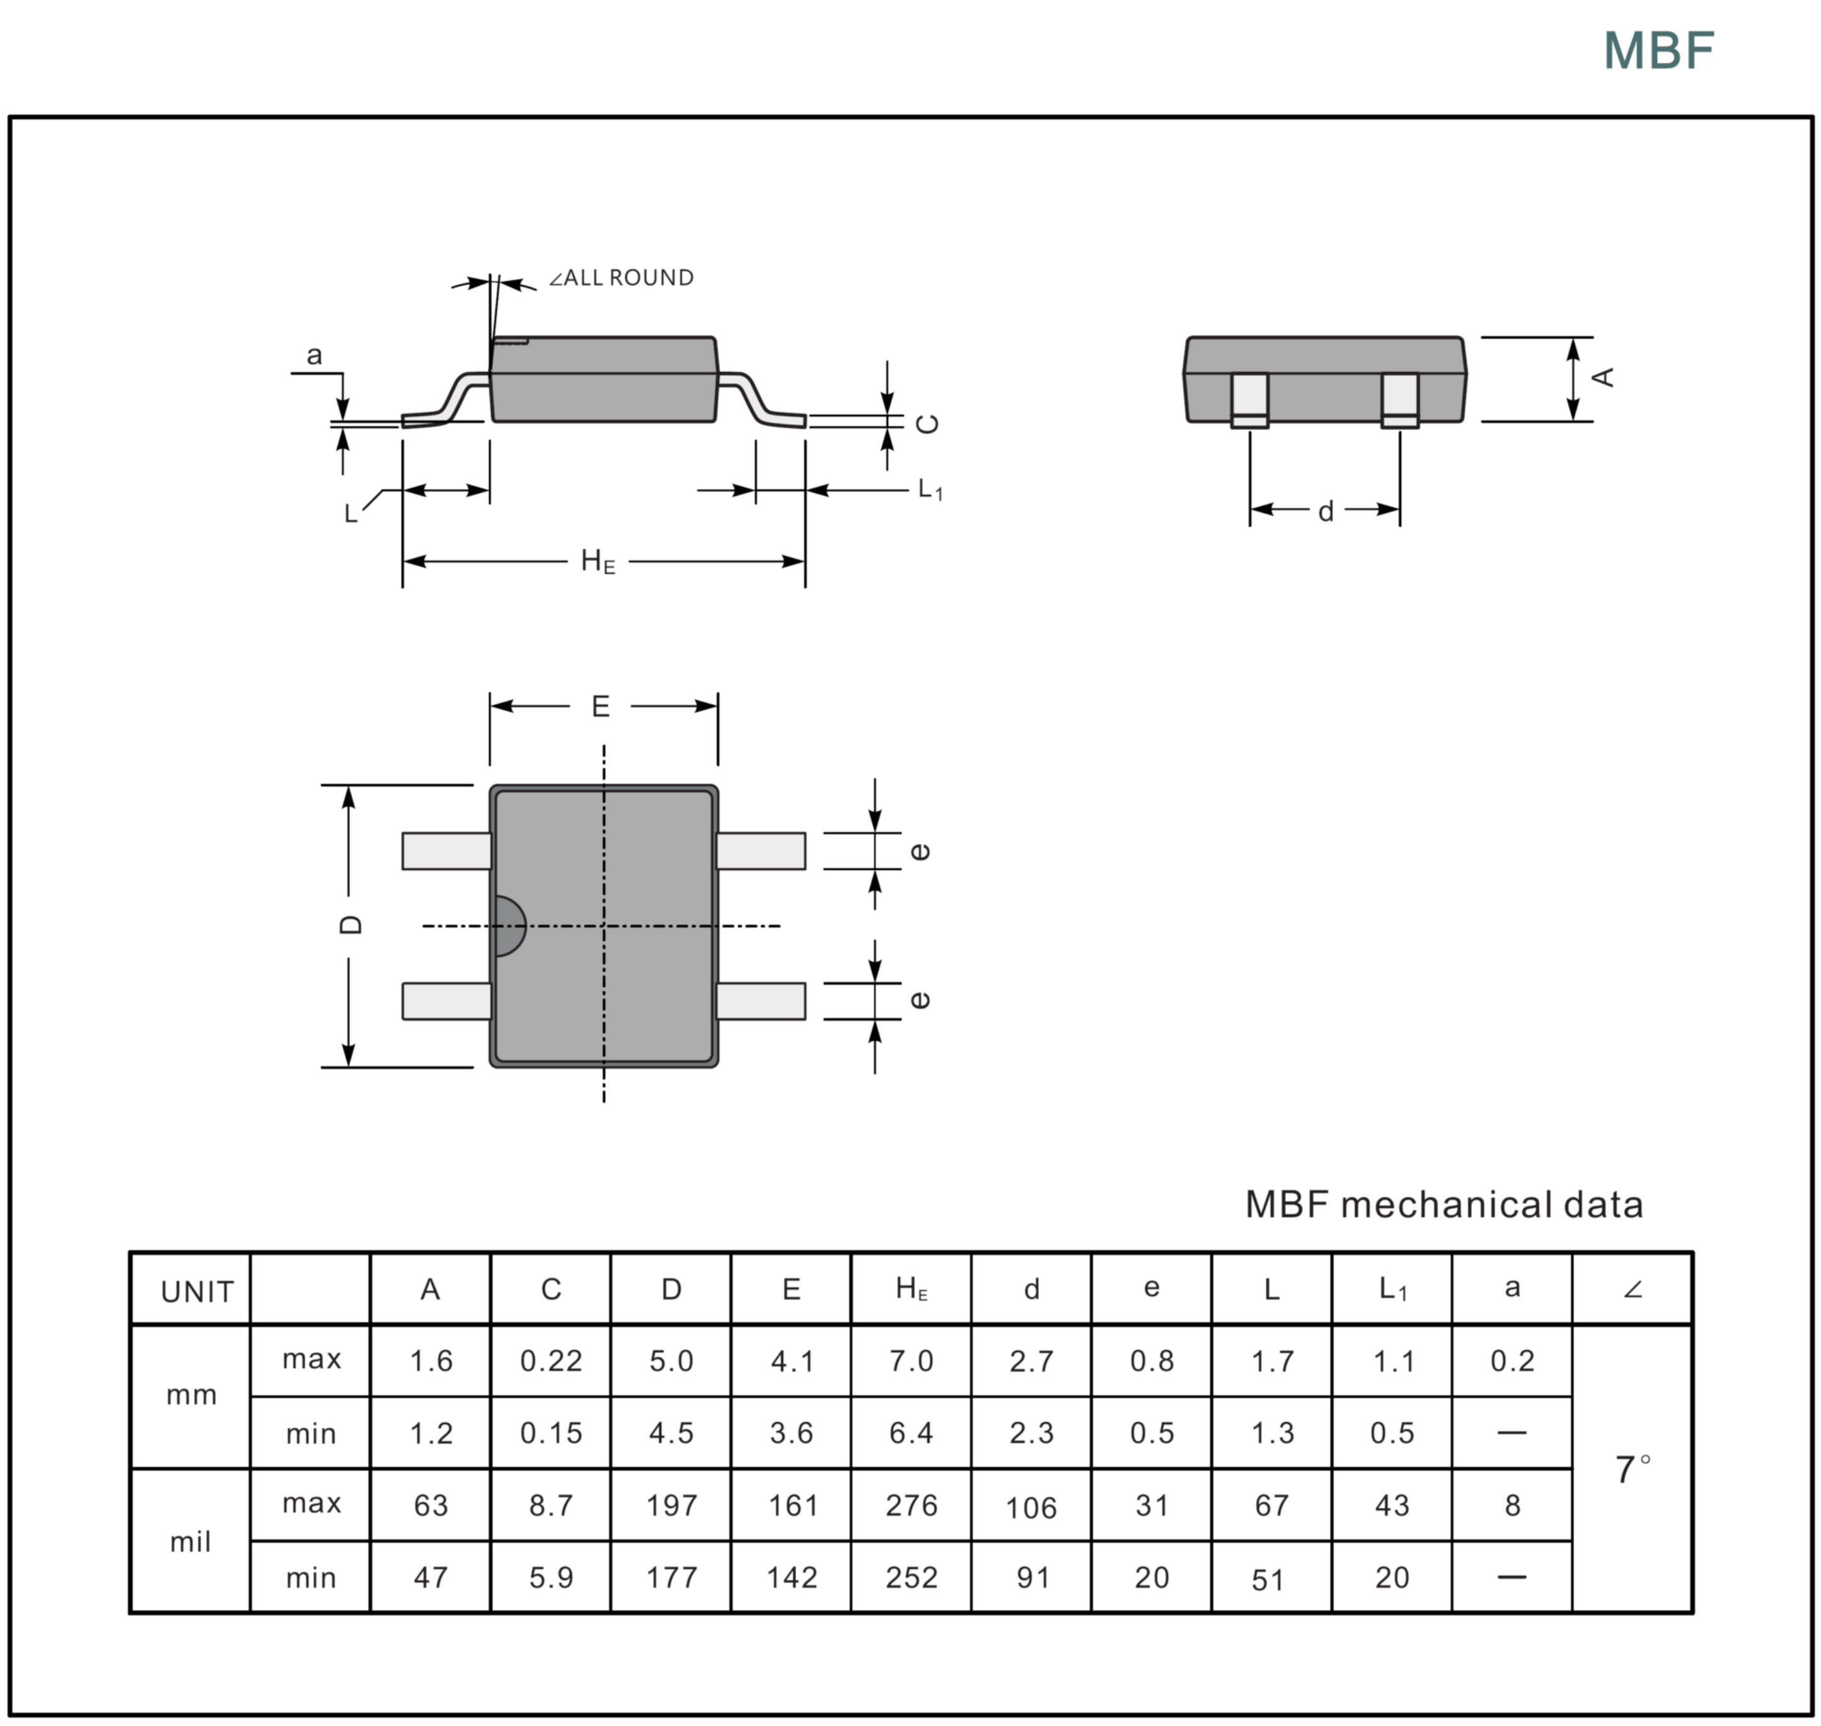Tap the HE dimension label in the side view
click(x=597, y=561)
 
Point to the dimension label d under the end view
click(x=1325, y=511)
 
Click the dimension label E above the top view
click(x=600, y=707)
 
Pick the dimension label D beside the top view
click(x=350, y=925)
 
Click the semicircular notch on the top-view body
click(x=508, y=925)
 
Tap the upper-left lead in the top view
click(x=446, y=851)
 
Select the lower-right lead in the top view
click(x=760, y=1001)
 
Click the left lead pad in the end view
click(x=1249, y=398)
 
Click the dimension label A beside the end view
click(x=1602, y=377)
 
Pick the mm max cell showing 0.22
click(x=550, y=1361)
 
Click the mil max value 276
click(x=911, y=1505)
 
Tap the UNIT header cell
click(x=196, y=1292)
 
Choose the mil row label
click(x=190, y=1542)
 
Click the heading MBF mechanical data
click(x=1443, y=1204)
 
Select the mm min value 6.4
click(x=911, y=1432)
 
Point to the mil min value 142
click(x=791, y=1578)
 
